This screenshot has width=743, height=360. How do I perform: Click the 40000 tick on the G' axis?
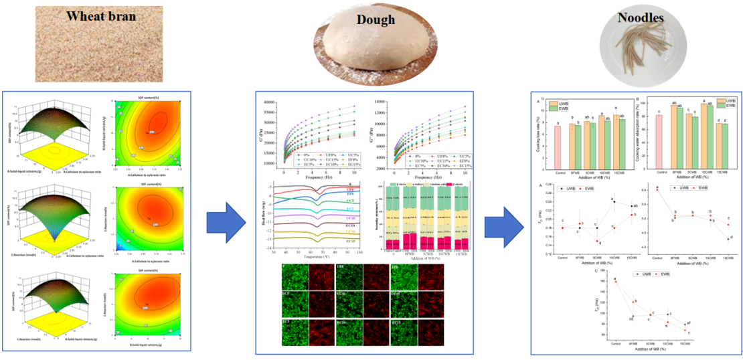pyautogui.click(x=270, y=102)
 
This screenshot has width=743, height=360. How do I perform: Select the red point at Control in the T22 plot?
pyautogui.click(x=657, y=189)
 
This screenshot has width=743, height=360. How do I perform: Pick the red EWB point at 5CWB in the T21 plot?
pyautogui.click(x=596, y=242)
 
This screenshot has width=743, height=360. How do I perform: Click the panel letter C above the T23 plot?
pyautogui.click(x=595, y=270)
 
